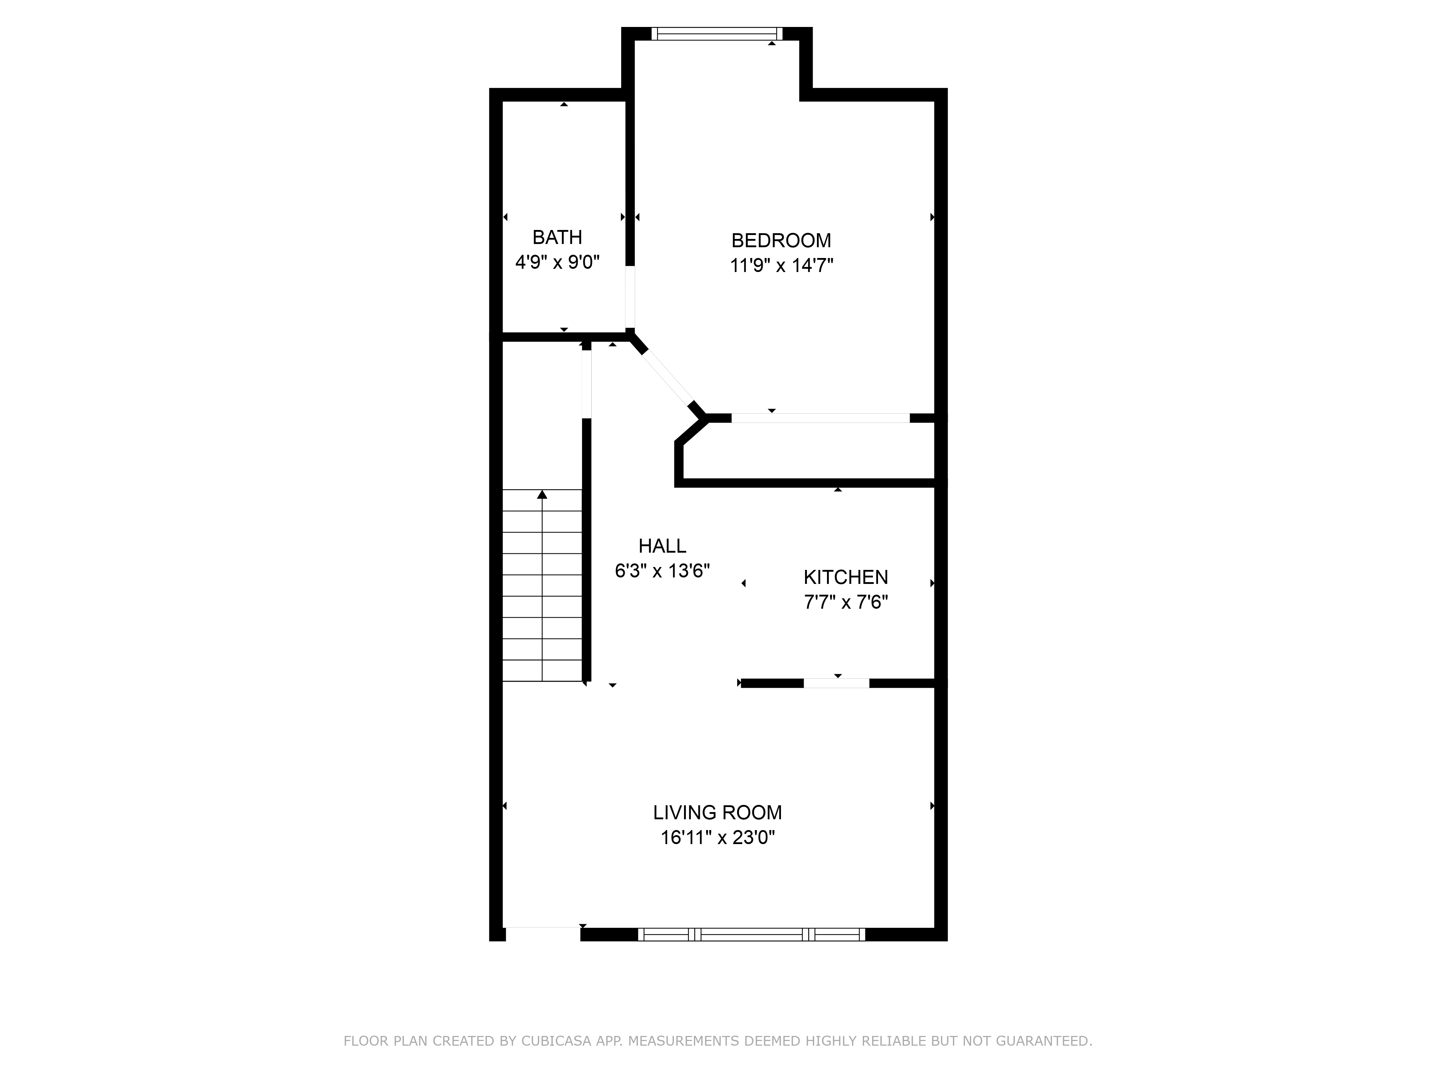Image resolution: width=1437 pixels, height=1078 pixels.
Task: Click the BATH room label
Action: [x=557, y=237]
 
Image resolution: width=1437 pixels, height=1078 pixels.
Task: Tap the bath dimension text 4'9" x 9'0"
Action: [x=557, y=263]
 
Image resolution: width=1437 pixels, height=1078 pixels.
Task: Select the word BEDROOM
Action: [x=781, y=240]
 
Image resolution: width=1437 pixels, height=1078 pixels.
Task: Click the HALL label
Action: [x=662, y=546]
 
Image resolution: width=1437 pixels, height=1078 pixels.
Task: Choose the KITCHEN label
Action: [x=845, y=577]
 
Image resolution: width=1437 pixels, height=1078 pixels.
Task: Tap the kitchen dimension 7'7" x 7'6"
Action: [x=845, y=602]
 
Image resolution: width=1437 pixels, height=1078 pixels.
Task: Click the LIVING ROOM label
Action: [x=717, y=812]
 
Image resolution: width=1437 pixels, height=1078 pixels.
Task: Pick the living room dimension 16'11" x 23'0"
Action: [x=717, y=838]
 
